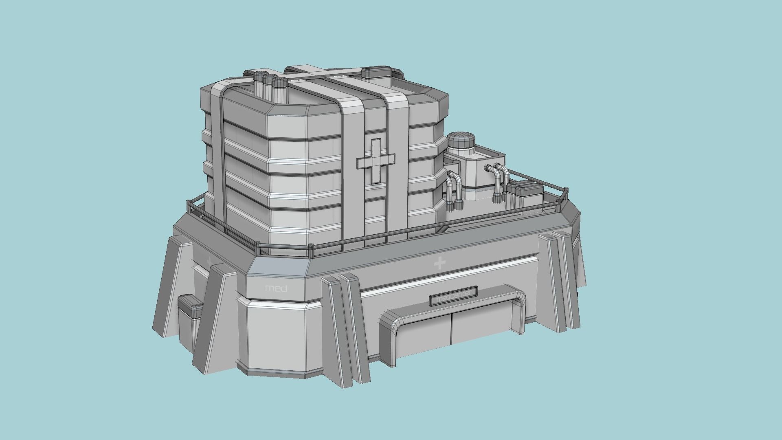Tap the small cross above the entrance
pyautogui.click(x=439, y=264)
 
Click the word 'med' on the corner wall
pyautogui.click(x=276, y=288)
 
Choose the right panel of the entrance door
pyautogui.click(x=481, y=326)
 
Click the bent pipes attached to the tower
pyautogui.click(x=453, y=191)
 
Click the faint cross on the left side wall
pyautogui.click(x=209, y=261)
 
